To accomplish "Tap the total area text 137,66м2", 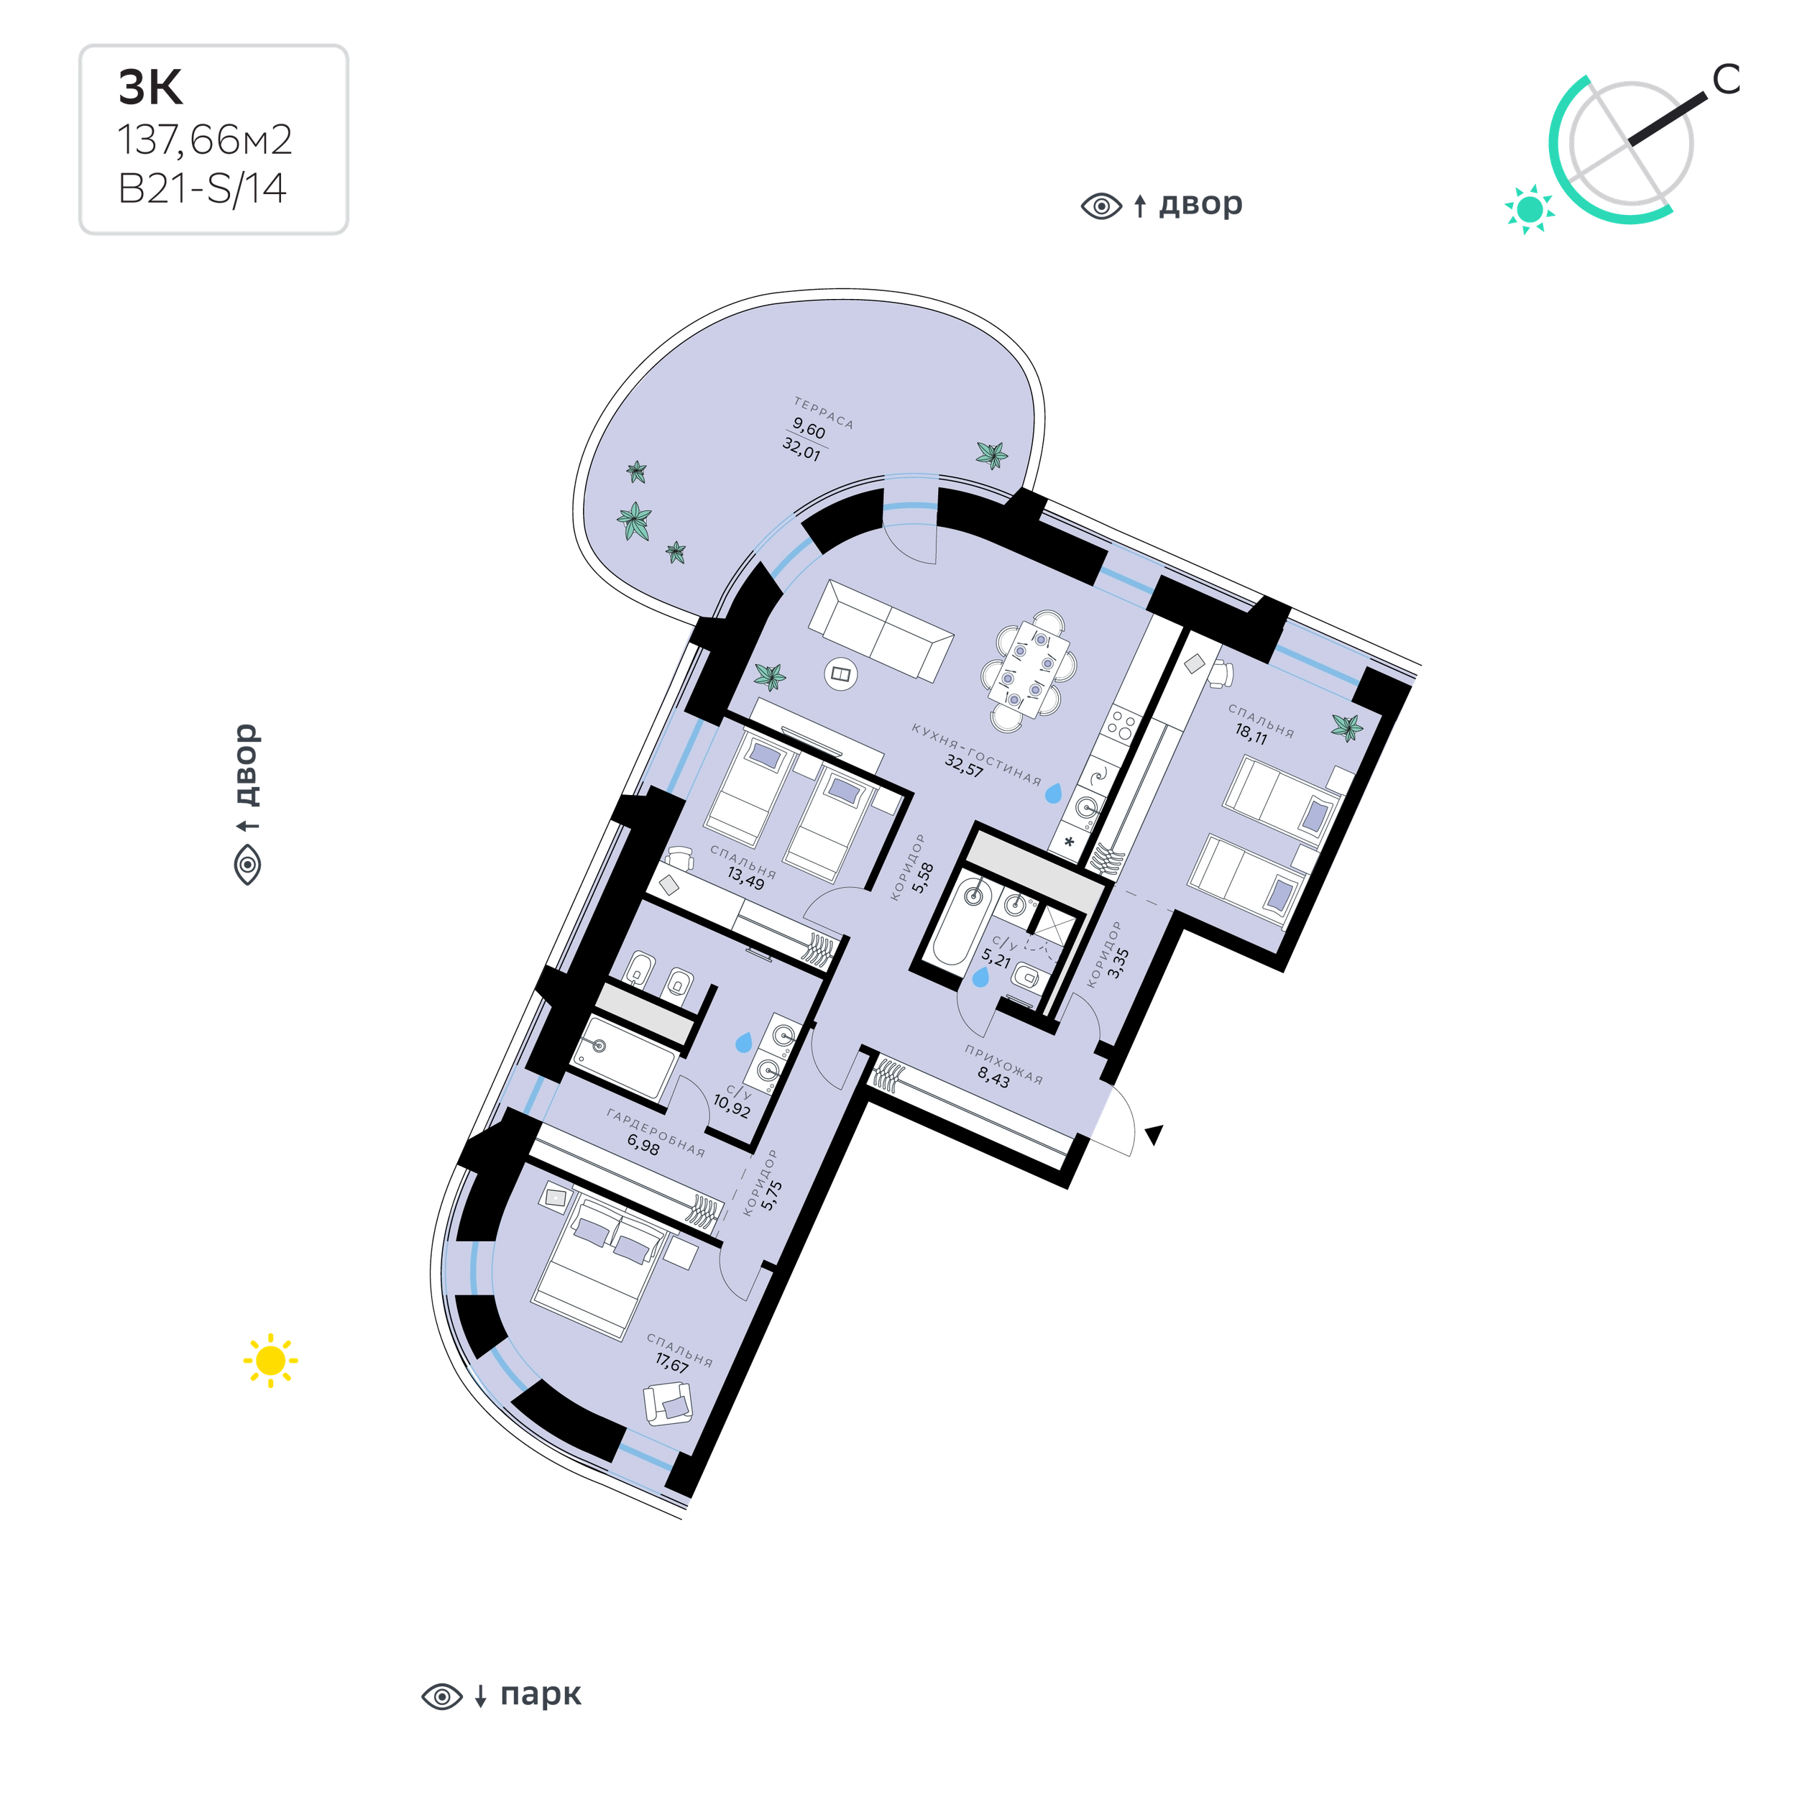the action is (x=205, y=140).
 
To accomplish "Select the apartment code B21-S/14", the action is (x=202, y=189).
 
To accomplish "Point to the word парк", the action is (x=541, y=1695).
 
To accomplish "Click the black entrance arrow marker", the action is (x=1154, y=1134).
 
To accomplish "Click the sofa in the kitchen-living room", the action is (x=881, y=630).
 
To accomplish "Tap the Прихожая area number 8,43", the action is (x=993, y=1078).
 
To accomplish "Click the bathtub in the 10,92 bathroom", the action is (x=623, y=1057).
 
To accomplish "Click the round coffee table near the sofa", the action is (x=841, y=674).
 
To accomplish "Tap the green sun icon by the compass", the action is (x=1529, y=209).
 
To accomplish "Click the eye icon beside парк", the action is (x=442, y=1696).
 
